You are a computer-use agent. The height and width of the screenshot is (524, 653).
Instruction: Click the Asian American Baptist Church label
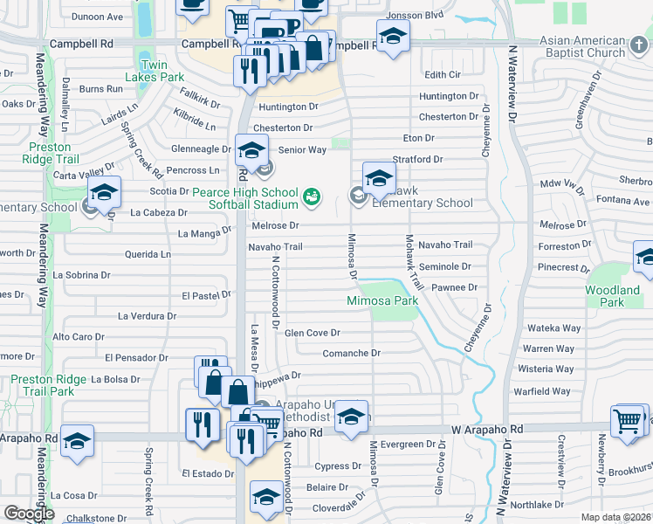click(582, 47)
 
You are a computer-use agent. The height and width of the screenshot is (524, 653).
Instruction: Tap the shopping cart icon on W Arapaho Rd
click(628, 423)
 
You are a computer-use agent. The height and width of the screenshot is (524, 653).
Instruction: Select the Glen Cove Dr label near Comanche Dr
click(312, 333)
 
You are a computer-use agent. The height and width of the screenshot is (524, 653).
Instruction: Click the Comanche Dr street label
click(352, 354)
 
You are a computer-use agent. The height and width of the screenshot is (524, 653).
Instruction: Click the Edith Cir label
click(442, 75)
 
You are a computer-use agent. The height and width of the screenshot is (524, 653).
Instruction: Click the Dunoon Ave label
click(97, 16)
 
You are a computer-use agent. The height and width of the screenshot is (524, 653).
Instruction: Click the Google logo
click(29, 514)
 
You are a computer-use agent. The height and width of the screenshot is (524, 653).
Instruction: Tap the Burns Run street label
click(100, 89)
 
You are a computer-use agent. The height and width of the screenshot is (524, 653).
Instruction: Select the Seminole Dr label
click(444, 266)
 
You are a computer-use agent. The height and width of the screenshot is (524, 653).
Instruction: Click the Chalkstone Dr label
click(92, 518)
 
